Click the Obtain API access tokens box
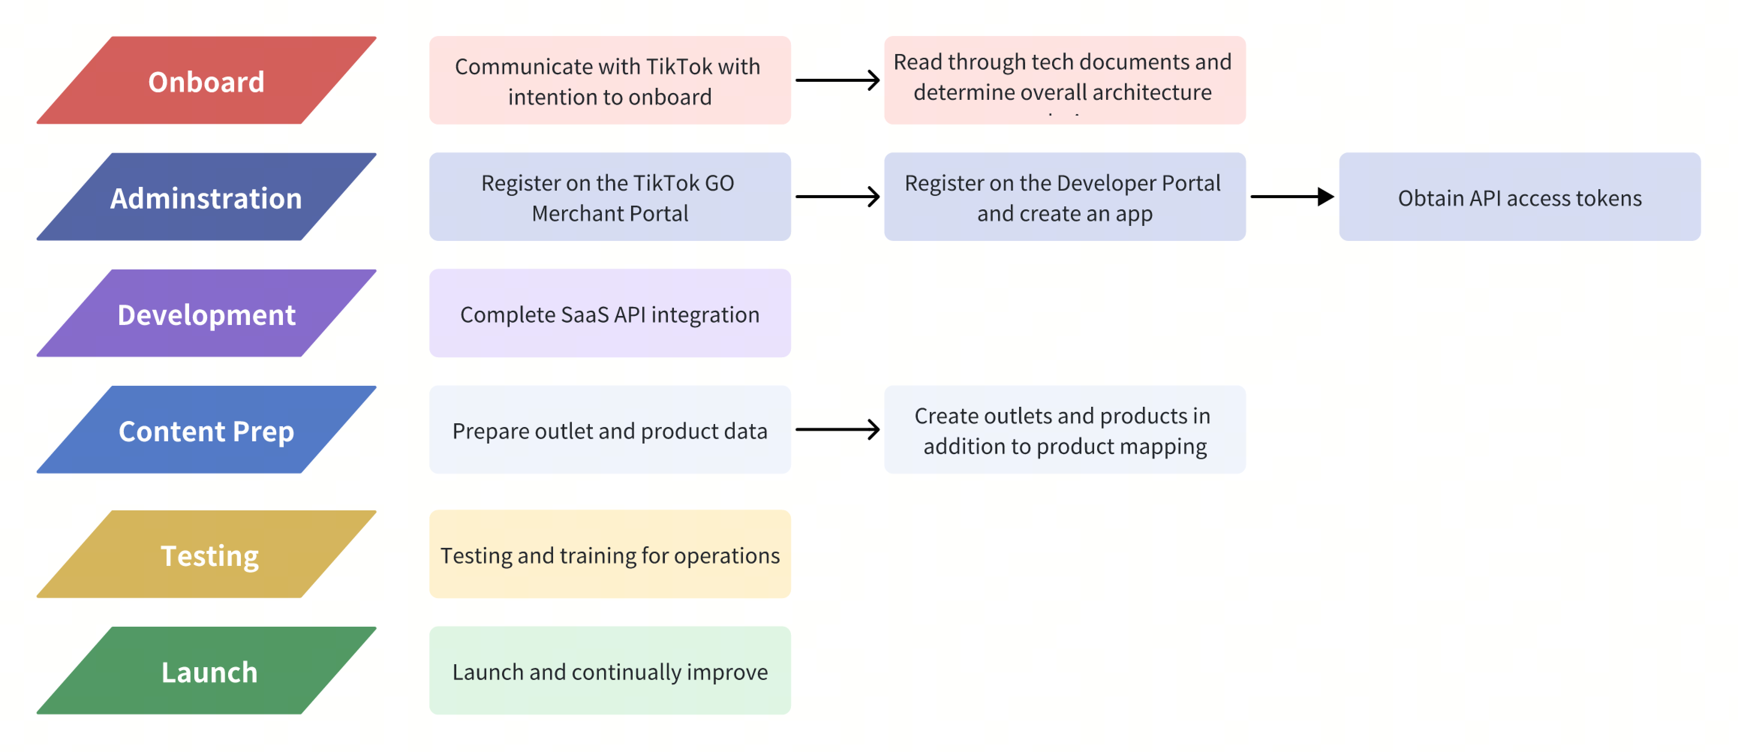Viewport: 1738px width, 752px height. tap(1519, 197)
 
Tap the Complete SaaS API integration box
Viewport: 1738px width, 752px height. tap(609, 314)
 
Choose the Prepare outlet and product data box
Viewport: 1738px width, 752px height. tap(609, 430)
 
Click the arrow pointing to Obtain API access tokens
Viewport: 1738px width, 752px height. tap(1291, 196)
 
